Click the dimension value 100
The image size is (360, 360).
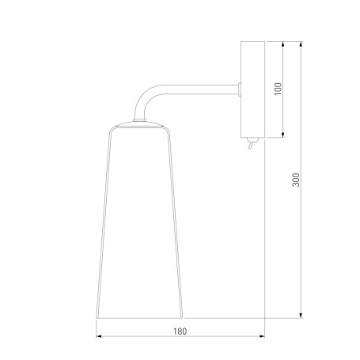tap(279, 89)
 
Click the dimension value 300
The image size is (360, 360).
tap(296, 180)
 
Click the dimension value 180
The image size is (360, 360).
tap(180, 332)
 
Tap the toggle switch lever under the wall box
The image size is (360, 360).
tap(251, 144)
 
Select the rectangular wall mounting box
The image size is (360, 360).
tap(252, 89)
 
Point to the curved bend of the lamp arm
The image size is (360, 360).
tap(144, 97)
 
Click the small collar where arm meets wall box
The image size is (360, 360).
tap(240, 89)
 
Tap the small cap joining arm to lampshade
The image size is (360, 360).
tap(139, 120)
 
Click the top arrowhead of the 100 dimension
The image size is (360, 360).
tap(283, 44)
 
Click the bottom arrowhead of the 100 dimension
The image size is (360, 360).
tap(283, 135)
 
